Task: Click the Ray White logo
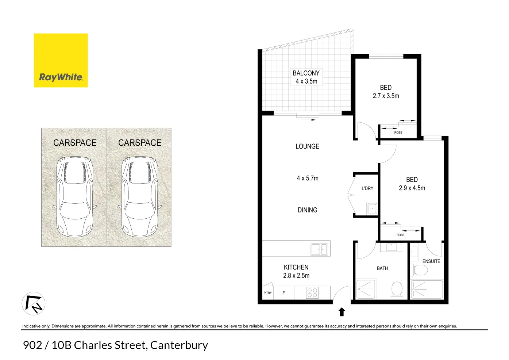pyautogui.click(x=61, y=61)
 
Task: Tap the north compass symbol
pyautogui.click(x=34, y=304)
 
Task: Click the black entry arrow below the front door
pyautogui.click(x=342, y=312)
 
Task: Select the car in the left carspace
pyautogui.click(x=74, y=196)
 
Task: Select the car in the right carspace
pyautogui.click(x=139, y=196)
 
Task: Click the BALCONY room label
pyautogui.click(x=306, y=73)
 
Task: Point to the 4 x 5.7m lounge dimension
pyautogui.click(x=307, y=178)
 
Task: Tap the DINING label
pyautogui.click(x=307, y=210)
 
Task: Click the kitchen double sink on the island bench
pyautogui.click(x=319, y=250)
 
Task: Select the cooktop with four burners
pyautogui.click(x=312, y=293)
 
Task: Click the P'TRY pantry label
pyautogui.click(x=267, y=293)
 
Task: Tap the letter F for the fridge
pyautogui.click(x=284, y=293)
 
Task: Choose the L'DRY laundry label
pyautogui.click(x=367, y=188)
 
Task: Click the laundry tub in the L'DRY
pyautogui.click(x=372, y=208)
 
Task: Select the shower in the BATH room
pyautogui.click(x=366, y=289)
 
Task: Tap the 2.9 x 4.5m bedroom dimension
pyautogui.click(x=412, y=188)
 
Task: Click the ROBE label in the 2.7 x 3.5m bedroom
pyautogui.click(x=398, y=133)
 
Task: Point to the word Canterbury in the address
pyautogui.click(x=179, y=345)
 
